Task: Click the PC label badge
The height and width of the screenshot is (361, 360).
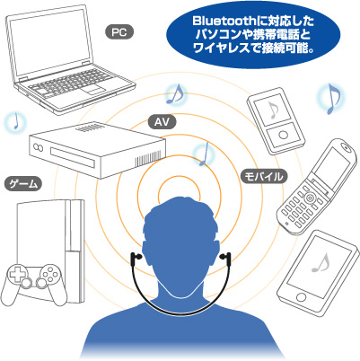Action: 119,32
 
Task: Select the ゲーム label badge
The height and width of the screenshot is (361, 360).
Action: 23,184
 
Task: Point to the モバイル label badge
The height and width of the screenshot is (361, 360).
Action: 264,176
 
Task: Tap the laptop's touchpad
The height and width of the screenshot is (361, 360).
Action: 93,90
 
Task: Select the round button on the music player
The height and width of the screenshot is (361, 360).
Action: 283,135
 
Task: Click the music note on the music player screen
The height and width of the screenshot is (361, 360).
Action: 273,110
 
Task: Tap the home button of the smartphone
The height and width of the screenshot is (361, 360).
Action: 301,297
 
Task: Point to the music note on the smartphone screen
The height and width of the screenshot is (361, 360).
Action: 320,262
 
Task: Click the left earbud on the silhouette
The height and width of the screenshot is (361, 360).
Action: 135,258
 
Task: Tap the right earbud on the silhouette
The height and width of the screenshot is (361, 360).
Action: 225,258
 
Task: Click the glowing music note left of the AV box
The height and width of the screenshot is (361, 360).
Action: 15,121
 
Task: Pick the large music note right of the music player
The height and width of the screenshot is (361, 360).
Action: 332,99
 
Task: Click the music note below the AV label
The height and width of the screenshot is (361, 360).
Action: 205,154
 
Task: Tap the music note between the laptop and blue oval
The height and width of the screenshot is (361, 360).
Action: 176,94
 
